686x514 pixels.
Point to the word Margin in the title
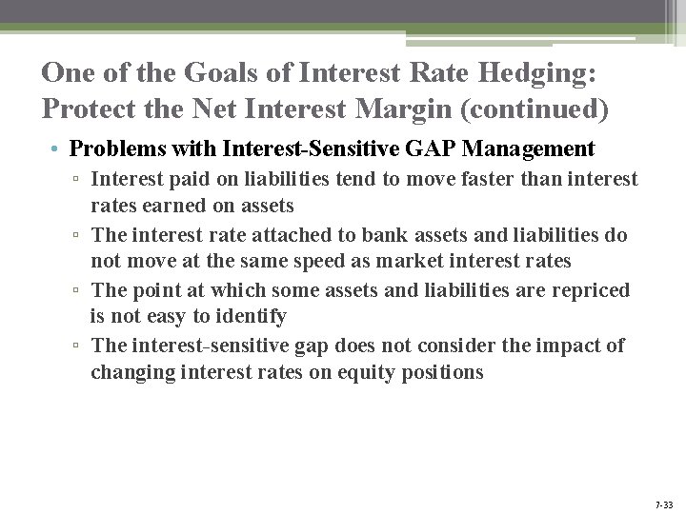404,109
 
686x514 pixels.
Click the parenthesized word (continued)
534,109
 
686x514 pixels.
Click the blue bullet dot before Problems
57,150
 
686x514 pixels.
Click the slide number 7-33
663,504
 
